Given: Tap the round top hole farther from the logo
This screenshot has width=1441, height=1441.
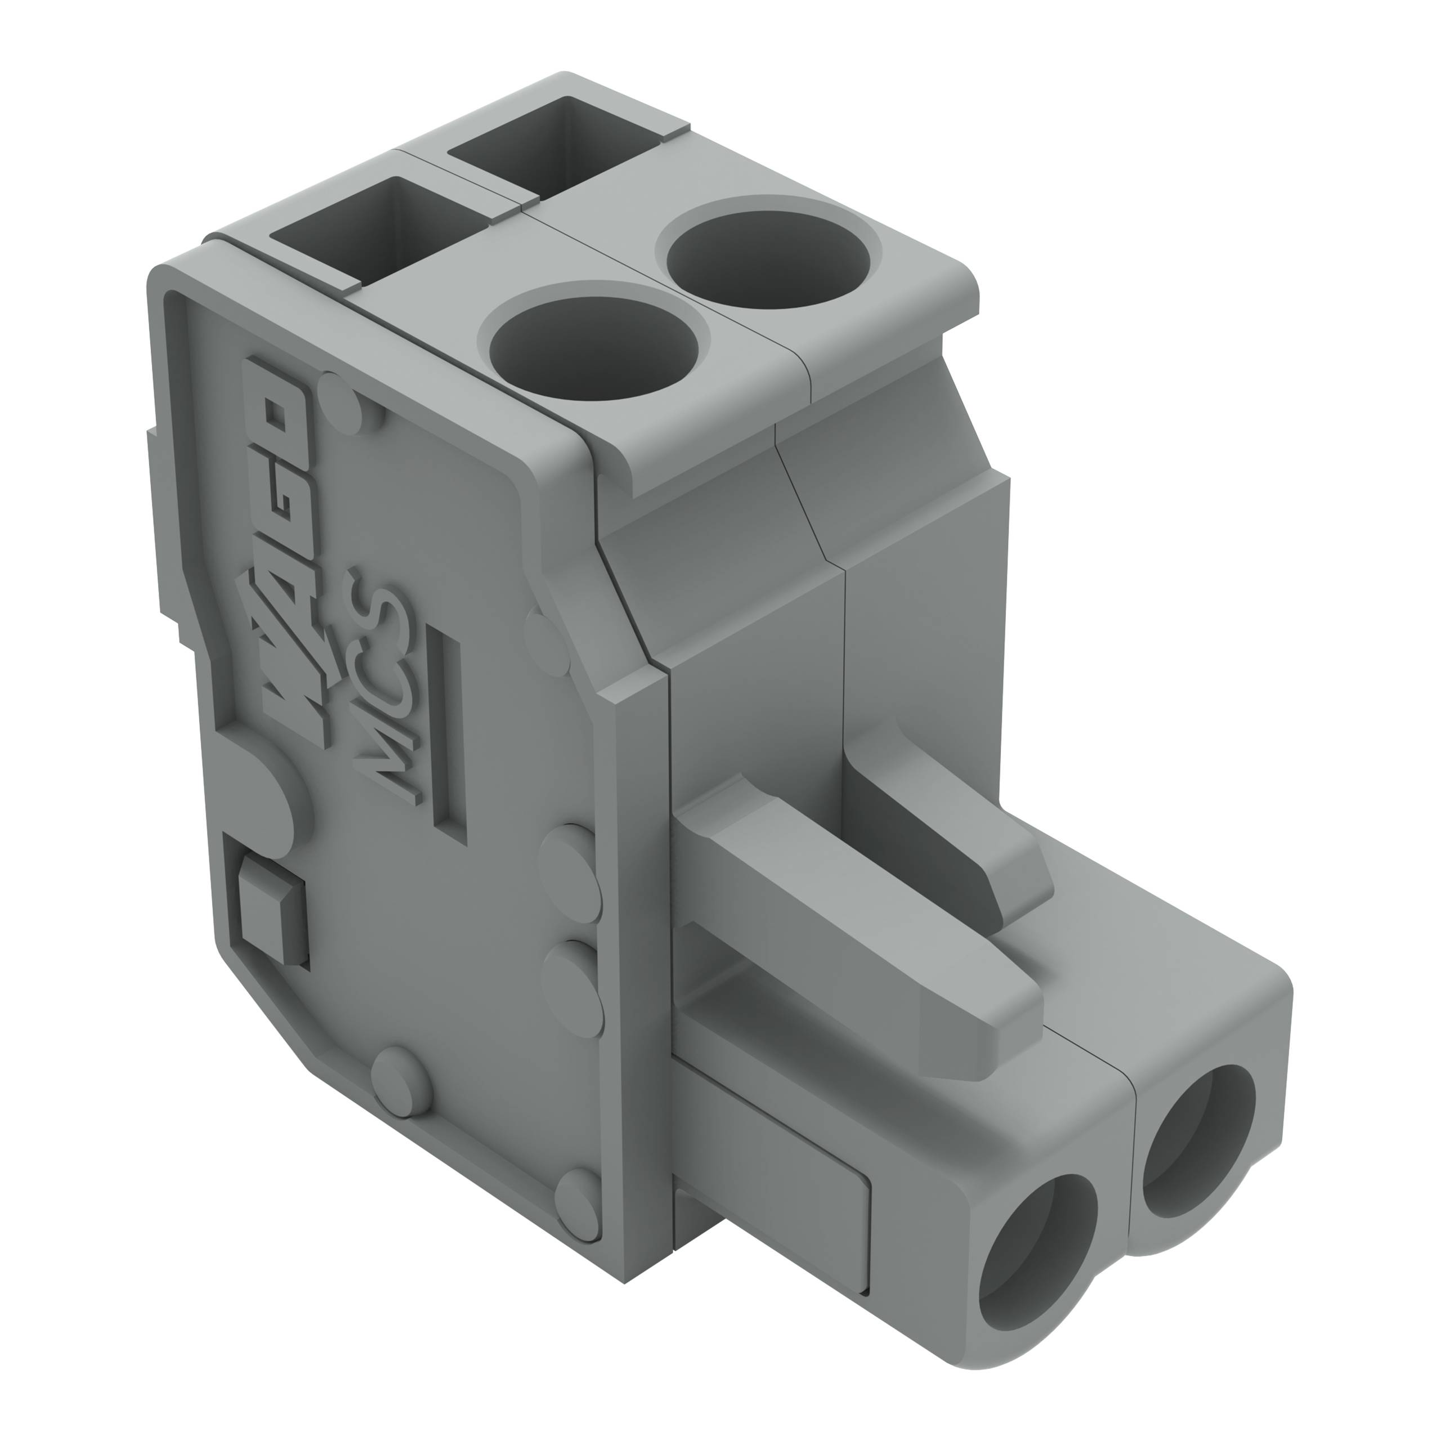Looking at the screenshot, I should [x=768, y=258].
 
